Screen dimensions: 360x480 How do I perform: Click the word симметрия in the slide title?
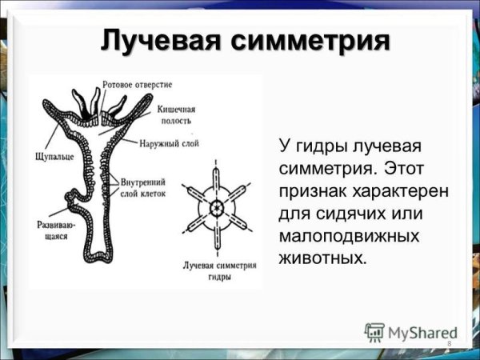click(310, 39)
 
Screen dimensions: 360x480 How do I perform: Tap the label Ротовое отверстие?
click(137, 84)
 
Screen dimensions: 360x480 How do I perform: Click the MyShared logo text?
click(423, 330)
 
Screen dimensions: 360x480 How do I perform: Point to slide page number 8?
click(450, 344)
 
